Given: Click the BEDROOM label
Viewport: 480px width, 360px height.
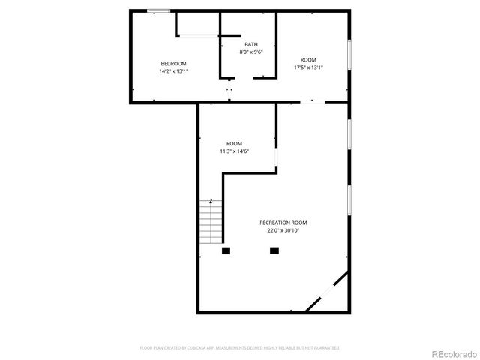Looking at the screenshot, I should tap(173, 63).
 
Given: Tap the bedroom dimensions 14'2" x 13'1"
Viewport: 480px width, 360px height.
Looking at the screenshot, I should tap(173, 71).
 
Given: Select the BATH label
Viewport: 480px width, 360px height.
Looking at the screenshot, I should tap(250, 44).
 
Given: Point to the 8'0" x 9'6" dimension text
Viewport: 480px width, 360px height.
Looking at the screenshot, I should tap(250, 52).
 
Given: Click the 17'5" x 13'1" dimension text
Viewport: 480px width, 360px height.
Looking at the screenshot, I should tap(309, 67).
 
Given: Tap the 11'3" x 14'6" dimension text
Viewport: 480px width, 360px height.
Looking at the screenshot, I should tap(234, 151).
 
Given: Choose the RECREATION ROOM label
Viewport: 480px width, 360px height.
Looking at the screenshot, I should tap(283, 223).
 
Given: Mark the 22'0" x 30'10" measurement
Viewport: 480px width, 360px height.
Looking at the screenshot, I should tap(283, 231).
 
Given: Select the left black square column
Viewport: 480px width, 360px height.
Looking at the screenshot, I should tap(226, 250).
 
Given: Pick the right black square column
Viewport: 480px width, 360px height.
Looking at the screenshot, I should tap(274, 250).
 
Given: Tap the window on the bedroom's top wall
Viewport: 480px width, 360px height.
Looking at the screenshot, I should tap(157, 10).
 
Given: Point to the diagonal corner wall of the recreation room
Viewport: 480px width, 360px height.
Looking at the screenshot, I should tap(328, 292).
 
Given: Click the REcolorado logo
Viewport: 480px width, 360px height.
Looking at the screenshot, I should tap(451, 352).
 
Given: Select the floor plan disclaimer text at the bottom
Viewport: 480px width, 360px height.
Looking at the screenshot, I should tap(240, 348).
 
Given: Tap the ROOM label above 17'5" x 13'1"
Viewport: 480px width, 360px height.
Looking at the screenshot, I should tap(309, 59).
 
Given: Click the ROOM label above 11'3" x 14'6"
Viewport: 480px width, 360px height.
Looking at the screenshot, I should tap(234, 143).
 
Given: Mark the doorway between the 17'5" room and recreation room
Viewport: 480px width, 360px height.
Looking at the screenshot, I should tap(313, 101).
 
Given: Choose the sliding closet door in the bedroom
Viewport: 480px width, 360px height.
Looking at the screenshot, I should tap(197, 35).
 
